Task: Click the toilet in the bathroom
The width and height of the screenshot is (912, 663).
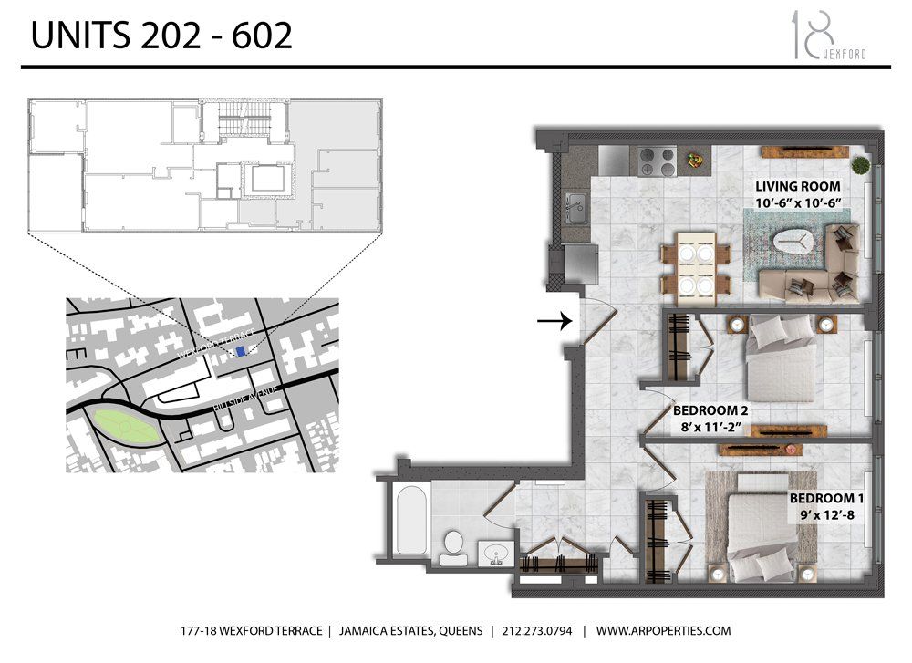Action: pyautogui.click(x=451, y=546)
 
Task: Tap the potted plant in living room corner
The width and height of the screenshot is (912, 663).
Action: pyautogui.click(x=860, y=165)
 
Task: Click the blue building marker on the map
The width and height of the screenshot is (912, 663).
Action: pyautogui.click(x=240, y=351)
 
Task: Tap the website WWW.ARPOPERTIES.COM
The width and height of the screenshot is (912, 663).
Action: pyautogui.click(x=665, y=631)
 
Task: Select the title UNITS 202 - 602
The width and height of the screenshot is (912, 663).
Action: pyautogui.click(x=162, y=36)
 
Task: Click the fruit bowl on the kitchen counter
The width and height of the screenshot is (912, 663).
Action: pyautogui.click(x=695, y=161)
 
